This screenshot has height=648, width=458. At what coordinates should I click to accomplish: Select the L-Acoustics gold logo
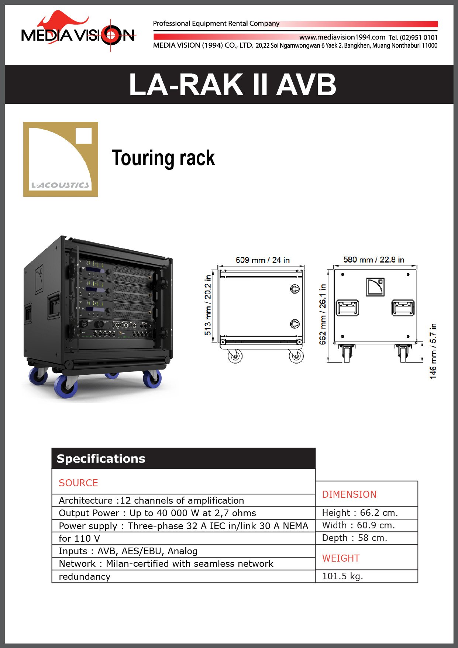pyautogui.click(x=61, y=159)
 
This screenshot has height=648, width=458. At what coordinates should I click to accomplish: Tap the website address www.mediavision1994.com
pyautogui.click(x=342, y=37)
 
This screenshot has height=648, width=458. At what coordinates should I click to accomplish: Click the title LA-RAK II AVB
pyautogui.click(x=233, y=85)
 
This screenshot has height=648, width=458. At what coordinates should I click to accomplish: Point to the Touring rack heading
pyautogui.click(x=163, y=158)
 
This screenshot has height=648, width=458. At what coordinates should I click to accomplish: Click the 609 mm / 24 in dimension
pyautogui.click(x=262, y=260)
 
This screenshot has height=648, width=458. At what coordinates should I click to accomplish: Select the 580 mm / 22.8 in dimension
pyautogui.click(x=373, y=260)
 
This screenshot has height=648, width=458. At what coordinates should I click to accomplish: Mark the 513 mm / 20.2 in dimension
pyautogui.click(x=208, y=305)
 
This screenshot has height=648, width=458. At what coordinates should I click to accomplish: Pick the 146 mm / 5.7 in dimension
pyautogui.click(x=433, y=351)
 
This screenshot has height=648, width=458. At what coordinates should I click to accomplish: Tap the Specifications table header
pyautogui.click(x=101, y=459)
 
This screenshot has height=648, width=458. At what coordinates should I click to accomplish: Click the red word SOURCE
pyautogui.click(x=78, y=483)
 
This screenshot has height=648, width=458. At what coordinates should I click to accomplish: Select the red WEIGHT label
pyautogui.click(x=341, y=558)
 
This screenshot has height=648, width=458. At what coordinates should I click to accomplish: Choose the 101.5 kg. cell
pyautogui.click(x=342, y=576)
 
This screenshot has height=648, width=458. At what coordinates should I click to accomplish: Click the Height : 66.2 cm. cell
pyautogui.click(x=360, y=512)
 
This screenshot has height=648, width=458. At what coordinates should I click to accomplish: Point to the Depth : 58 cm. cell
pyautogui.click(x=354, y=538)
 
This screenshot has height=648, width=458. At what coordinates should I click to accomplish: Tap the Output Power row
pyautogui.click(x=157, y=513)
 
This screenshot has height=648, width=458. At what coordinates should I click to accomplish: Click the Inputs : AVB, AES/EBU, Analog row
pyautogui.click(x=128, y=551)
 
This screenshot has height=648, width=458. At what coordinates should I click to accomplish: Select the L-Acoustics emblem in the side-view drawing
pyautogui.click(x=375, y=287)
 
